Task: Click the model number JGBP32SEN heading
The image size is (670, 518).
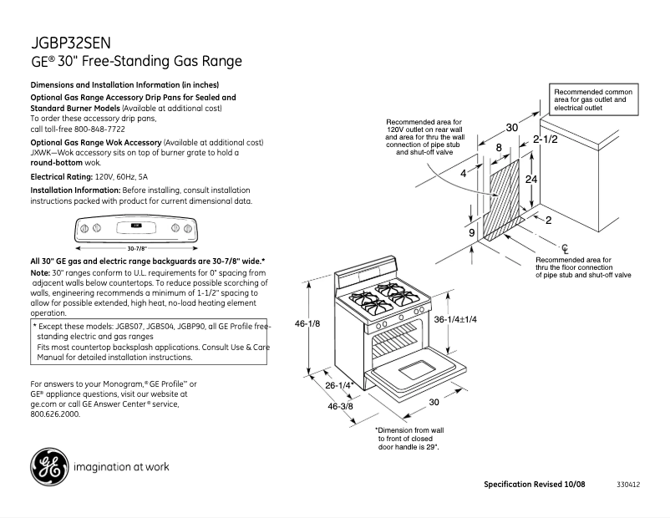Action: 70,42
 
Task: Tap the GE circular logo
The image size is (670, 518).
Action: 49,467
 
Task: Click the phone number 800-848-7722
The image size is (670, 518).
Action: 98,129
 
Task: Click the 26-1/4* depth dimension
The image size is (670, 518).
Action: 339,385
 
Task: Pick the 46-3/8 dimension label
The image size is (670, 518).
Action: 341,406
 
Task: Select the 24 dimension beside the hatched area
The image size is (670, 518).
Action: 530,180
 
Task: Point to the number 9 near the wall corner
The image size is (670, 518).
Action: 471,232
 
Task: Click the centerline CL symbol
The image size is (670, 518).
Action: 565,247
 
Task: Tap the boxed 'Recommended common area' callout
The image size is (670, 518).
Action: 593,99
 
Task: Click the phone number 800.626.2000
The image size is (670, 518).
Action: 55,414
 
